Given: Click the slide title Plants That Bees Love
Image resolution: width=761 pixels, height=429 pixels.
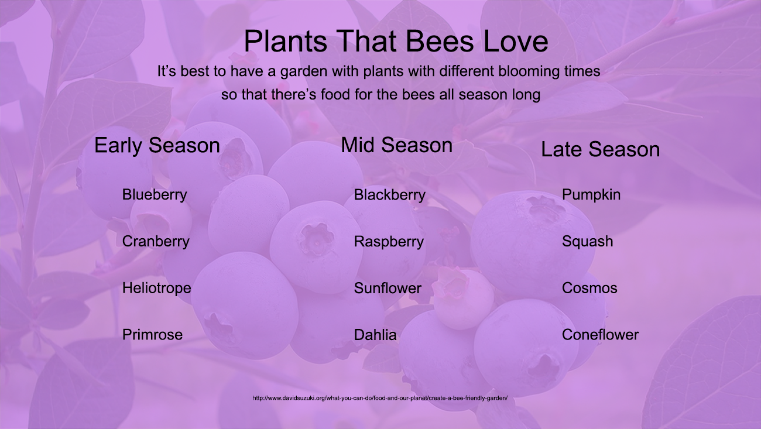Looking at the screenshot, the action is tap(396, 41).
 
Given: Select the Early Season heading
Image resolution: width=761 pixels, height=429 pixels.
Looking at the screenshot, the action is tap(157, 146).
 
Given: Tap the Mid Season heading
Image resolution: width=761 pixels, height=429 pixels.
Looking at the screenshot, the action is tap(396, 145).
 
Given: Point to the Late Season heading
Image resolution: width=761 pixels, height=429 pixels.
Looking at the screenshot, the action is tap(600, 149).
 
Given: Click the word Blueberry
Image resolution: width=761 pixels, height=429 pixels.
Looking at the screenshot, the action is tap(155, 195).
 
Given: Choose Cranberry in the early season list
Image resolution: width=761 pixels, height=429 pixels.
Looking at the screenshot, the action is tap(156, 242).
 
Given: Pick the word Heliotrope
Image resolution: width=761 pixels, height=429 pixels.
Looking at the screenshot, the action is tap(157, 289).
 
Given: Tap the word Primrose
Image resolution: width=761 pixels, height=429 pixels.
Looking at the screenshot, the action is tap(152, 335).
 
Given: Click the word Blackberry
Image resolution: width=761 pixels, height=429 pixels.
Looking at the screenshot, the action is tap(390, 195).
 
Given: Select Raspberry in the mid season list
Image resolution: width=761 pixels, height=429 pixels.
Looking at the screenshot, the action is tap(389, 242).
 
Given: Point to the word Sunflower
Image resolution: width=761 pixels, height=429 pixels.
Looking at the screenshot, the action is tap(388, 289).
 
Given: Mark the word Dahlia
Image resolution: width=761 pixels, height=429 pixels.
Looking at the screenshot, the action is tap(375, 335).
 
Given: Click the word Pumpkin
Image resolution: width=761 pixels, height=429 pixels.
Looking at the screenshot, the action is tap(591, 195).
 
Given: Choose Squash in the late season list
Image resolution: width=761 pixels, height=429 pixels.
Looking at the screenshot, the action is tap(587, 242).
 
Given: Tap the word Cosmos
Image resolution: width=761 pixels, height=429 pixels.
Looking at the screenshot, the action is tap(589, 289).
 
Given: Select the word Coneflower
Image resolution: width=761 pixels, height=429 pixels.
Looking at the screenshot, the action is tap(600, 335).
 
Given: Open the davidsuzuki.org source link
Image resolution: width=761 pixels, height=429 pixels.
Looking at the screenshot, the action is tap(380, 398).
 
